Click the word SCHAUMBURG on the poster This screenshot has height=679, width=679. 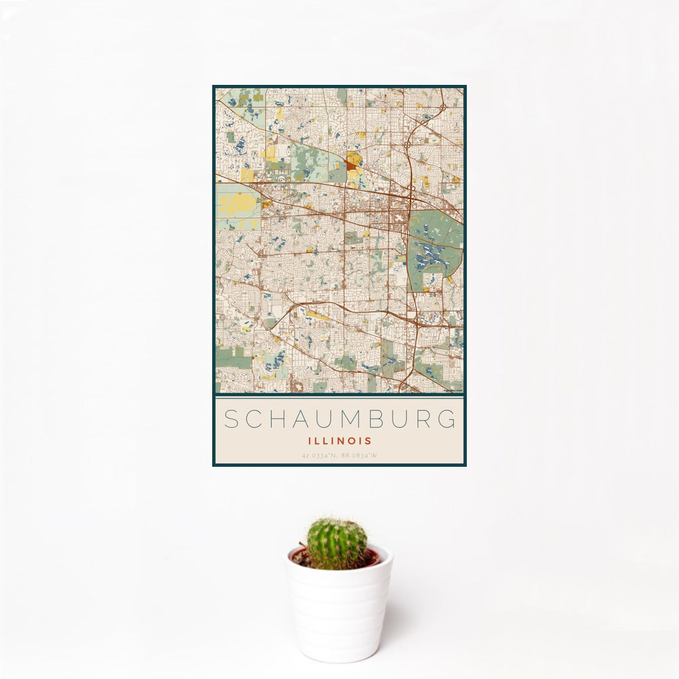pyautogui.click(x=339, y=419)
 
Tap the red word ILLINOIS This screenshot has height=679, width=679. pyautogui.click(x=339, y=440)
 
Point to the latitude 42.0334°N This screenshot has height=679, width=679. pyautogui.click(x=320, y=456)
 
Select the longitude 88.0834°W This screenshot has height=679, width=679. pyautogui.click(x=359, y=456)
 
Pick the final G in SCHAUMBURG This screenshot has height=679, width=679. pyautogui.click(x=449, y=419)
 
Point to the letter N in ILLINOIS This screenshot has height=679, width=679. pyautogui.click(x=341, y=440)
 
